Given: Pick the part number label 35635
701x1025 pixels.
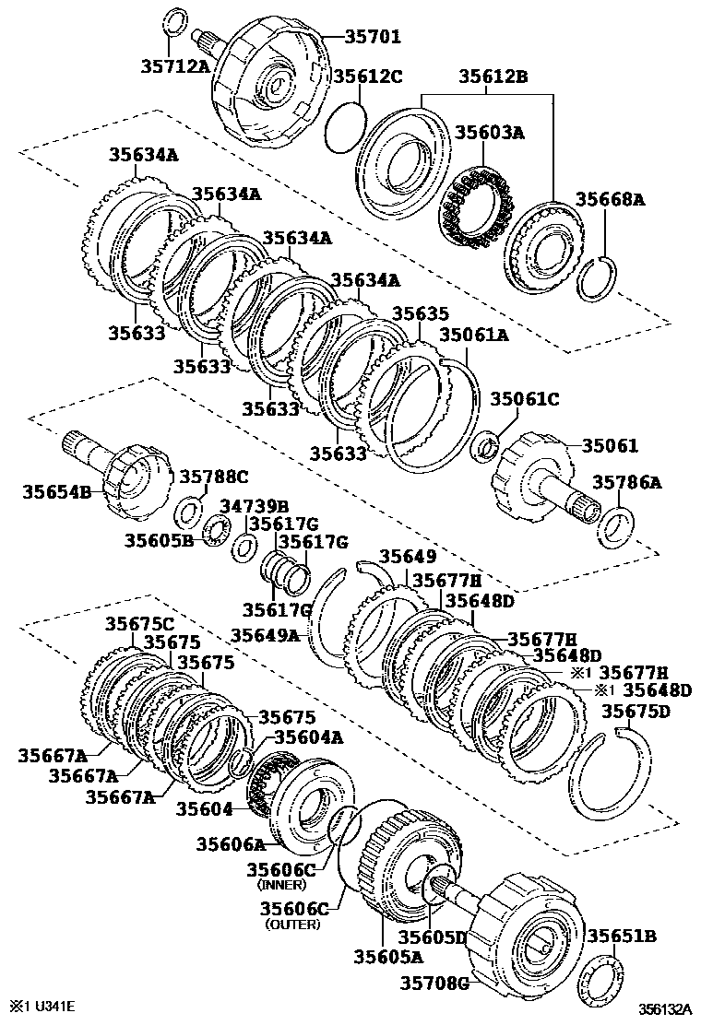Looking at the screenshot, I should pyautogui.click(x=421, y=313).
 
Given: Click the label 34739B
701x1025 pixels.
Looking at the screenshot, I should pyautogui.click(x=254, y=506).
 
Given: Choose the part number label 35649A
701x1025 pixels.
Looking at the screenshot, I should pyautogui.click(x=265, y=634).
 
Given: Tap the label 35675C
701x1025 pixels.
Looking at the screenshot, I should pyautogui.click(x=138, y=623).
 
